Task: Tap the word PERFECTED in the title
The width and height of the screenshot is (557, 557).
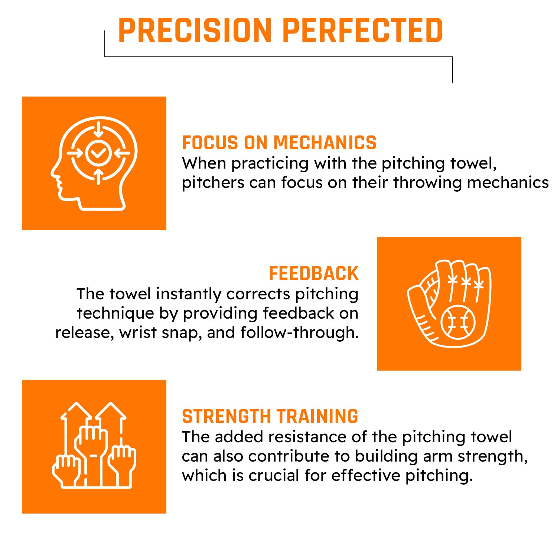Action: coord(363,30)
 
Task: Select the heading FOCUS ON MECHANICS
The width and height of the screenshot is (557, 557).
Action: coord(279,143)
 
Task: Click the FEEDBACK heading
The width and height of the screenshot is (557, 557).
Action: coord(314,274)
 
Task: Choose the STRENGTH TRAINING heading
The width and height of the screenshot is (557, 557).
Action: coord(270,417)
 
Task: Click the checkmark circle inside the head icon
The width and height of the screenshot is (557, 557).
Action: coord(98,153)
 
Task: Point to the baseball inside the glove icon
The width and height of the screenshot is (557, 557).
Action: coord(458,322)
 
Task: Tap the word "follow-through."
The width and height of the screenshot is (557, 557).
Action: coord(299,332)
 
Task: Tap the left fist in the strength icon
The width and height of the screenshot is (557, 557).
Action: coord(66,470)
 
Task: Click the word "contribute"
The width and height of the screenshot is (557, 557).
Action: coord(289,456)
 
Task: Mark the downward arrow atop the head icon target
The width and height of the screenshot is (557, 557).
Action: coord(98,129)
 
